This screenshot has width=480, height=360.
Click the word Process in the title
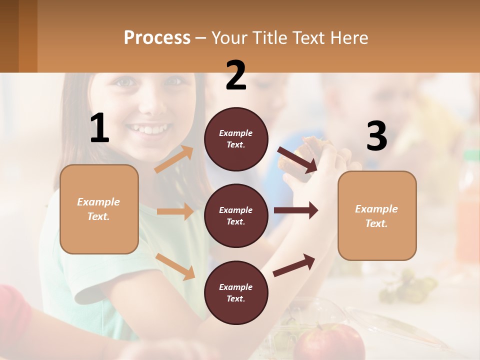click(x=157, y=38)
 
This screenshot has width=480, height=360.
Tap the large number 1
click(x=99, y=128)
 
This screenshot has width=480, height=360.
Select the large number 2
click(x=236, y=75)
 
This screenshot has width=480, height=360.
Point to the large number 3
click(x=376, y=136)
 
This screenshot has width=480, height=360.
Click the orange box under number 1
click(x=99, y=209)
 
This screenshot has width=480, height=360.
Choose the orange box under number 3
click(x=377, y=215)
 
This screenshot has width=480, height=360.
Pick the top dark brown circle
click(x=236, y=139)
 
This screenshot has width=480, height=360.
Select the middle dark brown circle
click(x=236, y=215)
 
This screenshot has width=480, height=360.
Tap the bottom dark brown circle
click(x=236, y=292)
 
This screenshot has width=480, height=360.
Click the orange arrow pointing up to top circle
click(x=174, y=159)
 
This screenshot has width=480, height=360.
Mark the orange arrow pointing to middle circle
click(x=174, y=211)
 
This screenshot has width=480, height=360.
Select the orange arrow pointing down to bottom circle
click(x=175, y=266)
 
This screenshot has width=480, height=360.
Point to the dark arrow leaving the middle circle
click(x=295, y=210)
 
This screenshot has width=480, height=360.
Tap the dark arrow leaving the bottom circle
click(x=294, y=265)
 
